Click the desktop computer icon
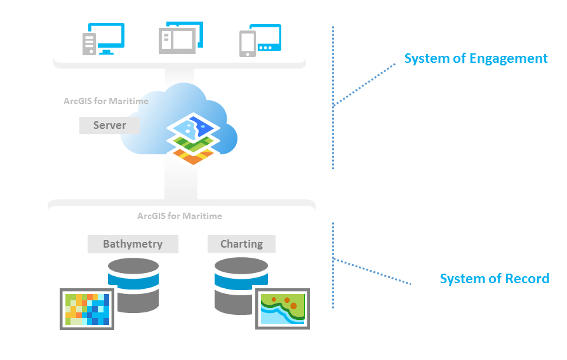(103, 39)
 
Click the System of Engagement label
(476, 59)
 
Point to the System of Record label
(494, 279)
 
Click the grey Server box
(109, 125)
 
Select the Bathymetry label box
(133, 244)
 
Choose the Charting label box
(241, 244)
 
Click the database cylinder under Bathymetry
(133, 285)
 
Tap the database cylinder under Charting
(241, 285)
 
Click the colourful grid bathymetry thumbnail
(87, 309)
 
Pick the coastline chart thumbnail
(283, 309)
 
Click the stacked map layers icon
(194, 139)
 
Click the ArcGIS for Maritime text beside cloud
(106, 101)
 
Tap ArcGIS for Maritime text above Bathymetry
(180, 216)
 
